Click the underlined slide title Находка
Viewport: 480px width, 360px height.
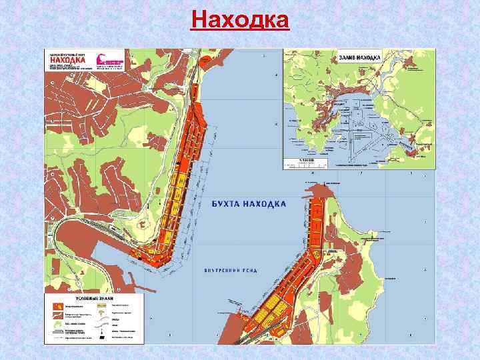[x=240, y=19]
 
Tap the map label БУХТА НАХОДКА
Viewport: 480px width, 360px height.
[x=249, y=203]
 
